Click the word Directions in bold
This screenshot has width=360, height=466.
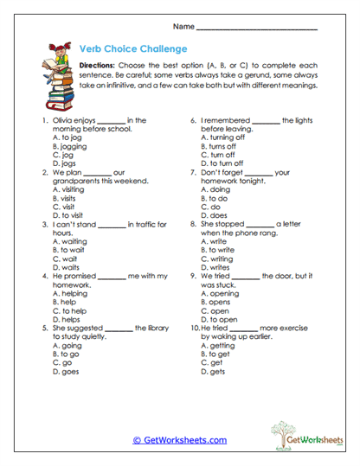[x=100, y=66]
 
